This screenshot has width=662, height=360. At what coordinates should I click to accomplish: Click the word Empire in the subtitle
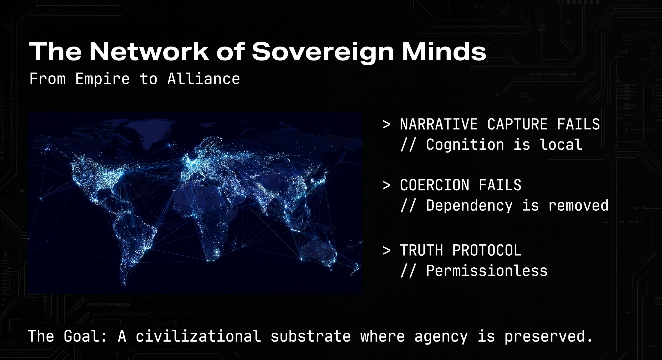point(102,79)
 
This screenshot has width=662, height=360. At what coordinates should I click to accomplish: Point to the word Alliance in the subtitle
point(204,79)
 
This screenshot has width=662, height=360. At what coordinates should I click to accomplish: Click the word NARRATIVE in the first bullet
point(439,124)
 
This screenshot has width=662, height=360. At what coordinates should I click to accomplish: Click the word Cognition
point(465,145)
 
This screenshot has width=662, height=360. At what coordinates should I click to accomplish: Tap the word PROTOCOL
point(487,251)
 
